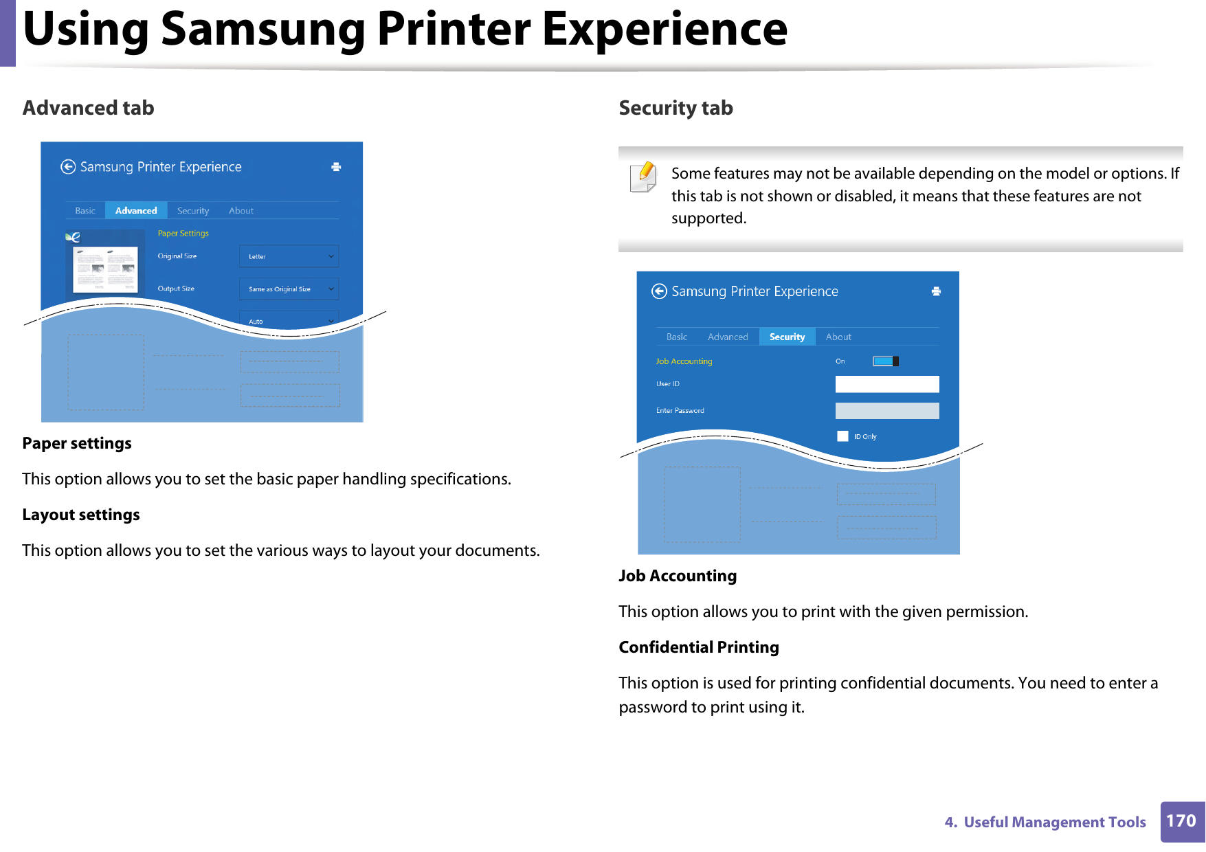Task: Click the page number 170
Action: (x=1181, y=821)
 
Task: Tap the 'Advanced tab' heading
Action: (x=88, y=108)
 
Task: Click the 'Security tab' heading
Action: (x=675, y=108)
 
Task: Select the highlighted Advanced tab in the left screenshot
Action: (x=136, y=211)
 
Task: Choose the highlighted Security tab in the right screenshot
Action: (x=787, y=337)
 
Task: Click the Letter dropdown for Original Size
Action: (x=289, y=256)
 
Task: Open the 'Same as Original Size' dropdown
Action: (x=289, y=289)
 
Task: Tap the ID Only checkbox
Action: (x=842, y=436)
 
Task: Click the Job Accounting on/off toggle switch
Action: (x=885, y=361)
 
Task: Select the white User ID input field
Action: (x=886, y=384)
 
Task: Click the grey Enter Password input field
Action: (x=886, y=411)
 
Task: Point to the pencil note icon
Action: (x=643, y=177)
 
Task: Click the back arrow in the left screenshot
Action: (x=68, y=167)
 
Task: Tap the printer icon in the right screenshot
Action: (x=936, y=291)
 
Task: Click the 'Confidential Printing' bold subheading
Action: (x=698, y=647)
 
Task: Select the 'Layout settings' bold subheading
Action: (x=81, y=515)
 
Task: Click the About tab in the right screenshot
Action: (x=838, y=337)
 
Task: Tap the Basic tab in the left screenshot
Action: (x=85, y=211)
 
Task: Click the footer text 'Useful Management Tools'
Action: (x=1054, y=822)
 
